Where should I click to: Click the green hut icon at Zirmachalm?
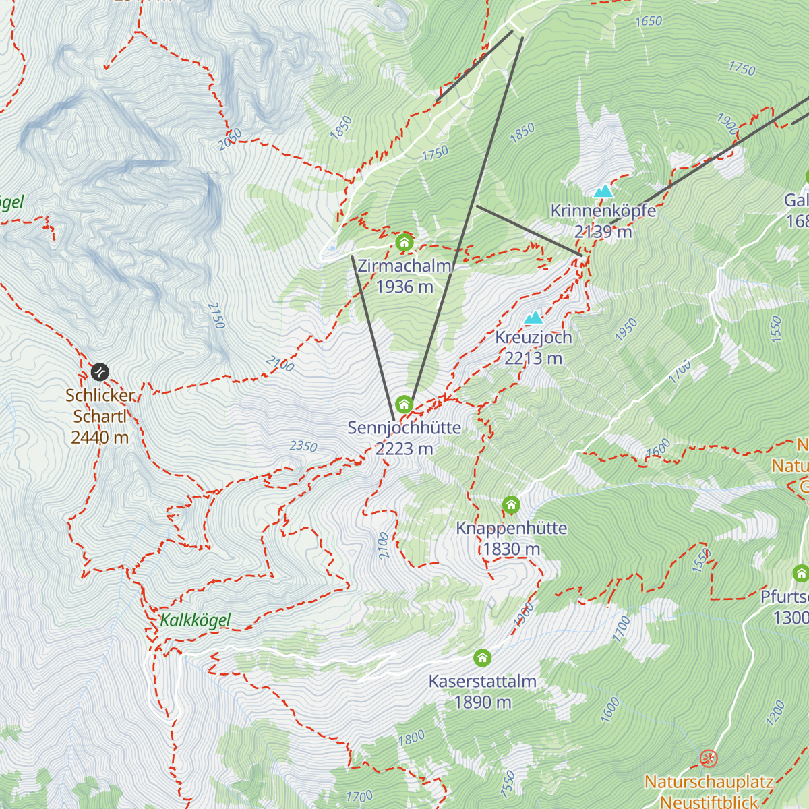(404, 242)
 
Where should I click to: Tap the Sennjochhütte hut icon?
(404, 404)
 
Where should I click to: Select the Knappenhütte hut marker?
(511, 504)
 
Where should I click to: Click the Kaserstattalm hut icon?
(482, 657)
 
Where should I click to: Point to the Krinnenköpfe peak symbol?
(603, 191)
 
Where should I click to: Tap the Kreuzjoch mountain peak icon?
(534, 318)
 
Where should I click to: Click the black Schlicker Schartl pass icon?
(100, 371)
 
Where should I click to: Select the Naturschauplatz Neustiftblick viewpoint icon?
(708, 759)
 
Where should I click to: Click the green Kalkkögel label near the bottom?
(196, 620)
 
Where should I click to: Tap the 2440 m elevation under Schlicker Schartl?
(100, 437)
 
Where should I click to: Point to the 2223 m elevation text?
(404, 448)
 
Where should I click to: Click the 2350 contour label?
(303, 446)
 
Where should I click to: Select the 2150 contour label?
(216, 316)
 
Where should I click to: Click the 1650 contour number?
(649, 22)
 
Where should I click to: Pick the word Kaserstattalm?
(483, 681)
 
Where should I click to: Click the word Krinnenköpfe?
(603, 210)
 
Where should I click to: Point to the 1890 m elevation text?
(483, 702)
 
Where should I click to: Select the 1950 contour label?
(626, 330)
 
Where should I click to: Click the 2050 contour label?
(229, 140)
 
